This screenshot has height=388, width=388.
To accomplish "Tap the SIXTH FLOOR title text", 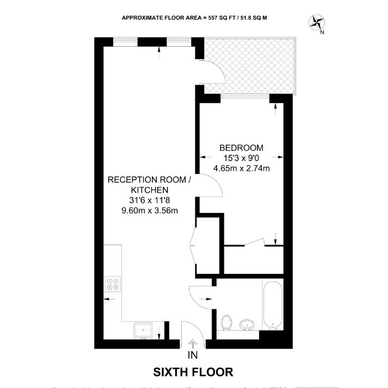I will pos(193,372).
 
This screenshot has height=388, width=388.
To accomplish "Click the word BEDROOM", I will pos(241,148).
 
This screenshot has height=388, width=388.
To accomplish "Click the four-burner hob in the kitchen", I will pos(114,284).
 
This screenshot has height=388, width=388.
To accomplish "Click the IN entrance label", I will pos(193,356).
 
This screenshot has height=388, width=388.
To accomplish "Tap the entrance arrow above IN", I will pos(193,344).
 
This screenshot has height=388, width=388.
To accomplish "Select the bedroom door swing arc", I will pos(212,187).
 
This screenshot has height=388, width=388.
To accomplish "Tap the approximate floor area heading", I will pos(194,18).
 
